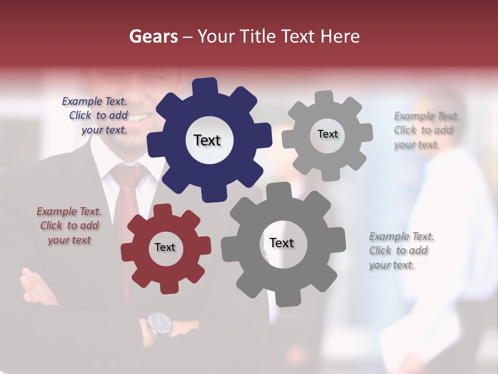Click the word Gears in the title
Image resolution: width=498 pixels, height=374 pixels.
154,36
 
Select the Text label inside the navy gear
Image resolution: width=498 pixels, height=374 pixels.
207,140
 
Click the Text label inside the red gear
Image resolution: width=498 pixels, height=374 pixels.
165,247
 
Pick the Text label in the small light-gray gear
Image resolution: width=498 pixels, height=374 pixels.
328,134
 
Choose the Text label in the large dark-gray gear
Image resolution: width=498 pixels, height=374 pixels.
282,243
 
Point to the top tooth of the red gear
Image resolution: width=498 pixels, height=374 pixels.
162,210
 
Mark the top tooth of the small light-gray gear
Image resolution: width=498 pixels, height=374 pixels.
324,98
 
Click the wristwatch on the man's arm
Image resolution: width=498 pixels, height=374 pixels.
159,324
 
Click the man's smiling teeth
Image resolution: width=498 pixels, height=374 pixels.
136,118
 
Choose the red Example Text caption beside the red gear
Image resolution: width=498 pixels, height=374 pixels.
69,226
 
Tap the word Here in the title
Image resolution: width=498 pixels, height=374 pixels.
340,36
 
